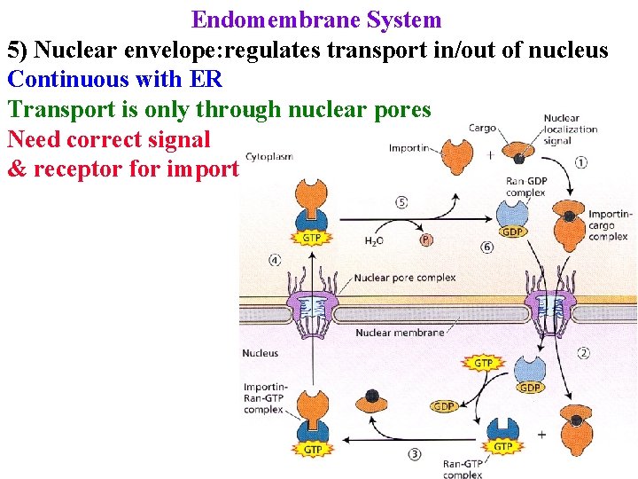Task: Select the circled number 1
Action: pyautogui.click(x=581, y=162)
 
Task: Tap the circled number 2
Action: pyautogui.click(x=583, y=353)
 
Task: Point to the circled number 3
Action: pyautogui.click(x=416, y=454)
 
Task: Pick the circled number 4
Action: pyautogui.click(x=275, y=261)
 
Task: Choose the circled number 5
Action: pyautogui.click(x=401, y=202)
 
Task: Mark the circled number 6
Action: pyautogui.click(x=486, y=247)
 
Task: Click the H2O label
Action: pyautogui.click(x=376, y=239)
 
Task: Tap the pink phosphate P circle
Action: pyautogui.click(x=426, y=239)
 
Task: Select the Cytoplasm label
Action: pyautogui.click(x=268, y=157)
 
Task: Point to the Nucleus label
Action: pyautogui.click(x=260, y=353)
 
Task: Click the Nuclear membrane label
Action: pyautogui.click(x=400, y=334)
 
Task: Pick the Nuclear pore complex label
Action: pyautogui.click(x=405, y=278)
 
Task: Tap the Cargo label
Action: pyautogui.click(x=482, y=128)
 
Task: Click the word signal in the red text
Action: pyautogui.click(x=180, y=139)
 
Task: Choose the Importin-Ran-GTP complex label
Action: pyautogui.click(x=263, y=397)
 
